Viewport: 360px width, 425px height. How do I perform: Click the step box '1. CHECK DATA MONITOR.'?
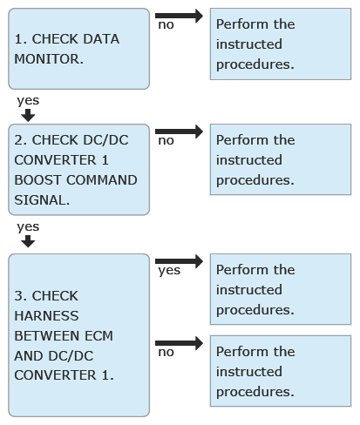point(78,49)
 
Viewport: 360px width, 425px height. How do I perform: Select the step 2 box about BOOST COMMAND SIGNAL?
point(78,170)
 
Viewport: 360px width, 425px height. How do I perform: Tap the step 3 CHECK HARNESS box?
point(78,335)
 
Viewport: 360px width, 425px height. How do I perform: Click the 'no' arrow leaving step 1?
point(179,16)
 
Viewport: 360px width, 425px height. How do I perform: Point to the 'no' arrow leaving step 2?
point(179,132)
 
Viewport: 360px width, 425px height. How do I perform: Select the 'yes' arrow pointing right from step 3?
point(179,261)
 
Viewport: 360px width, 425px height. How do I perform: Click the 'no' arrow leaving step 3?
point(179,343)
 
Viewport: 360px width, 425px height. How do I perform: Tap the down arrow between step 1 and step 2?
point(28,116)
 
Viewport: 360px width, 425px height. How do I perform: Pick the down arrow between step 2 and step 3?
point(28,241)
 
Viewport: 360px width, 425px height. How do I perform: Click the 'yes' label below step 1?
point(28,101)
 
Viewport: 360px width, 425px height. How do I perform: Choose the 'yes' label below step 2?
point(28,227)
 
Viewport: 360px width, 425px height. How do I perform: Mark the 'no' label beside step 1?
point(166,25)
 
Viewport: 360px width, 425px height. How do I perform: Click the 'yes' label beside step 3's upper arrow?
point(169,271)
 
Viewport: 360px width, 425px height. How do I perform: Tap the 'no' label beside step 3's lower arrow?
point(166,353)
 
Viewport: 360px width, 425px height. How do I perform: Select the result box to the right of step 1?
point(281,44)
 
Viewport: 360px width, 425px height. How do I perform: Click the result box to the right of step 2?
point(281,159)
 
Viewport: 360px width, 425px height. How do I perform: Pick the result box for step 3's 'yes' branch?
point(281,289)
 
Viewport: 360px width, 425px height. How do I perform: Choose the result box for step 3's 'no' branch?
point(281,371)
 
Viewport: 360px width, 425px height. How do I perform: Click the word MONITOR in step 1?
point(49,59)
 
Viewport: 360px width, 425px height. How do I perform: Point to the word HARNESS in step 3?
point(46,316)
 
